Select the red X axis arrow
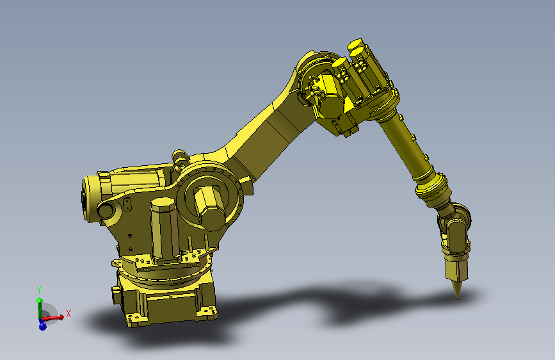click(x=54, y=316)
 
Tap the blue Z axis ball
click(x=42, y=326)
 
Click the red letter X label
click(x=68, y=313)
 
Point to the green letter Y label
click(x=39, y=290)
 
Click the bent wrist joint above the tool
click(x=455, y=225)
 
